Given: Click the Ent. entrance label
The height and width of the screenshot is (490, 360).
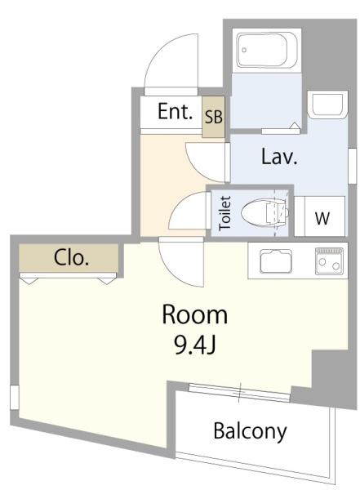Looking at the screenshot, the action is click(x=175, y=112).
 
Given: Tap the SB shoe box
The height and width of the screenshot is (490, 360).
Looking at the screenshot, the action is click(x=213, y=117).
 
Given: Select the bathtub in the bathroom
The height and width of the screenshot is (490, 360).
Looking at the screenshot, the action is click(x=267, y=50).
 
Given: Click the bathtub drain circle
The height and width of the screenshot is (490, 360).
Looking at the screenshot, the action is click(x=244, y=50).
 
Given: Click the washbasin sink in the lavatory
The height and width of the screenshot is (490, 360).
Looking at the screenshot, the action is click(x=327, y=104).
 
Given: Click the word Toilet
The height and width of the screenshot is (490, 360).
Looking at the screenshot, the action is click(x=225, y=213).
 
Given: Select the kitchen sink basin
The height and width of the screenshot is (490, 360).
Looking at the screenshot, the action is click(x=276, y=261).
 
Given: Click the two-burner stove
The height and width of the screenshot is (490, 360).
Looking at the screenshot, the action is click(x=329, y=261).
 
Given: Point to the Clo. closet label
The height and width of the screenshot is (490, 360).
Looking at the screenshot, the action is click(x=71, y=258).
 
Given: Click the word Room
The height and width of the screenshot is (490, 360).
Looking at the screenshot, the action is click(x=194, y=314).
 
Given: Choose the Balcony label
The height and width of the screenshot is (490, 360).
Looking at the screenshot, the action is click(x=250, y=431).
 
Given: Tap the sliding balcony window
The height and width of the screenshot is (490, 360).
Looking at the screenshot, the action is click(x=240, y=392).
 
